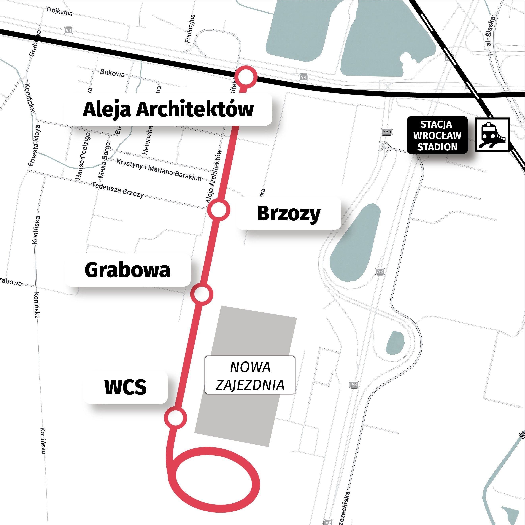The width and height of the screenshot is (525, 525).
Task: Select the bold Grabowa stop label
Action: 127,270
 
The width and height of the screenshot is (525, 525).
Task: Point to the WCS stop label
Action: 125,387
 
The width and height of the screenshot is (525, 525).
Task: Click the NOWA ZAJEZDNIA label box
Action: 250,375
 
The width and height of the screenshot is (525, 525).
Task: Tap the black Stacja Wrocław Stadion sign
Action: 437,135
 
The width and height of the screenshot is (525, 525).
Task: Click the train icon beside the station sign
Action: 492,135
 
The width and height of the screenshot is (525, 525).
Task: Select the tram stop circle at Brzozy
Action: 219,209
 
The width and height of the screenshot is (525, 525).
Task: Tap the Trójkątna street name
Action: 59,11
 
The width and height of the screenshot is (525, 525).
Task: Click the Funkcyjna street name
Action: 190,29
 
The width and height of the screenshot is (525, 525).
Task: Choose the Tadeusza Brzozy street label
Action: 117,190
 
